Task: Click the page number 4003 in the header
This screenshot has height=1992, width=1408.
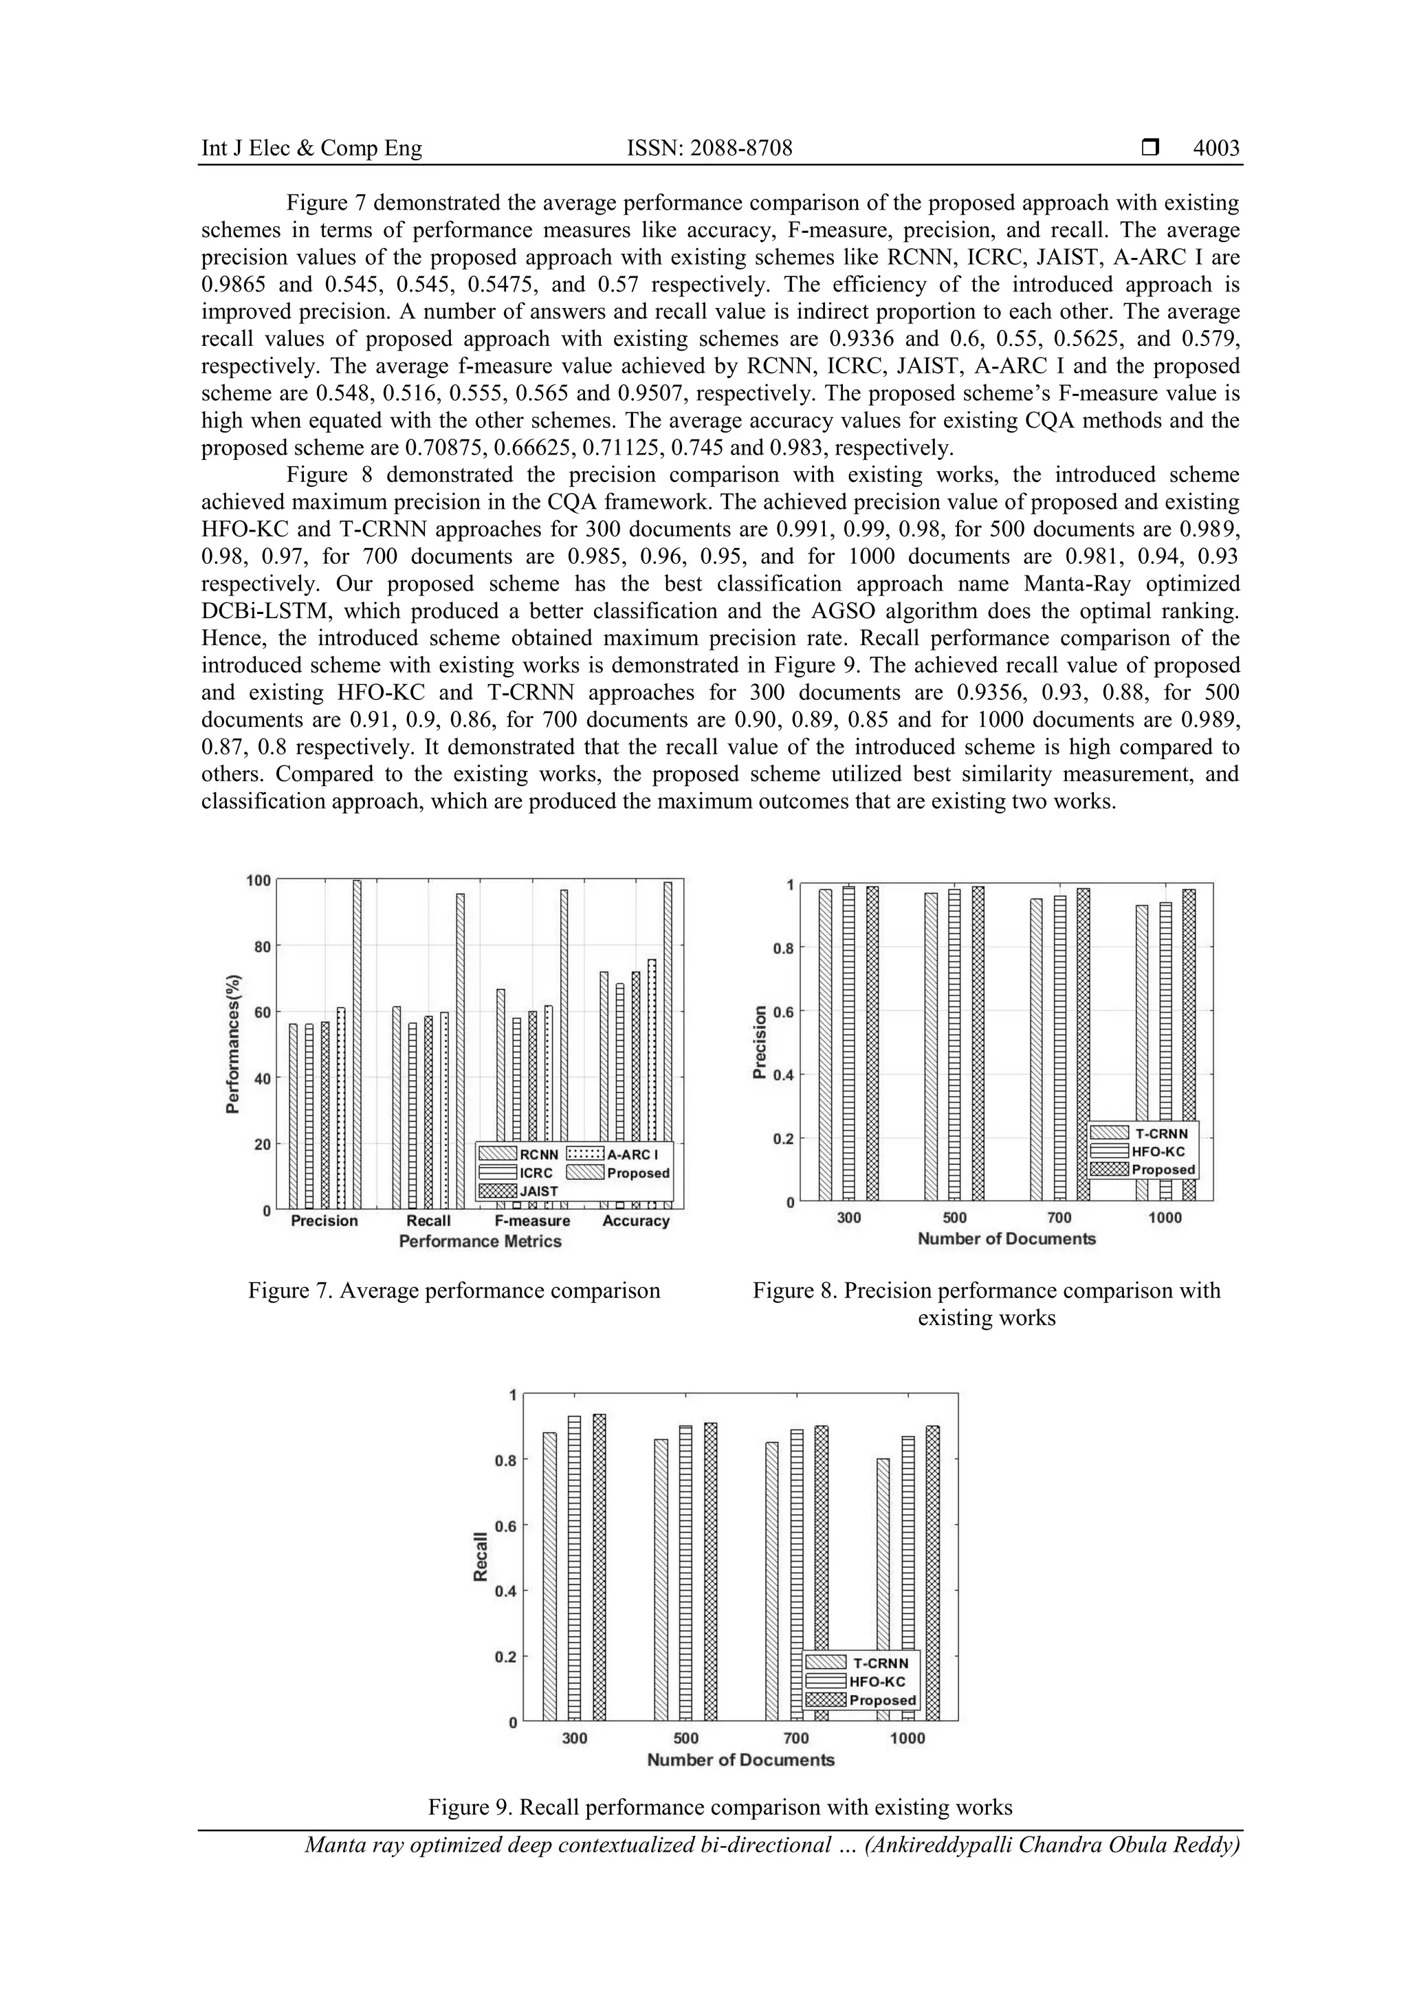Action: tap(1215, 149)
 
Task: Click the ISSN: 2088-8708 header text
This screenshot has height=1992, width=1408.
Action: tap(709, 149)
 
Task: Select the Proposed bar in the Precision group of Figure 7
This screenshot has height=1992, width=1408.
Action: tap(357, 1041)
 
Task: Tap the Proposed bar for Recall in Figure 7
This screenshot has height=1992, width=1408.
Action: tap(460, 1050)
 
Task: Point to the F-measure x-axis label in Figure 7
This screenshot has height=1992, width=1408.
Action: tap(532, 1221)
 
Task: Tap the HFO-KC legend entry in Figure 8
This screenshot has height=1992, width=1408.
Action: tap(1157, 1151)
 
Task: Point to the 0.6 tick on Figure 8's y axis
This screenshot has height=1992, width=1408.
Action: tap(782, 1011)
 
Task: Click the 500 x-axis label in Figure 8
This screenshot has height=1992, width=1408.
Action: tap(954, 1218)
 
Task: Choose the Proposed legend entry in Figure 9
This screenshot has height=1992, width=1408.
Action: tap(881, 1700)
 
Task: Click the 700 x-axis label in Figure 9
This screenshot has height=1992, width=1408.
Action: tap(795, 1739)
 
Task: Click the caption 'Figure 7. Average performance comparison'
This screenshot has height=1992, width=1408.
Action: tap(454, 1290)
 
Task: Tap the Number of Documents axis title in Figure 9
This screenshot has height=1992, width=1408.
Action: tap(740, 1760)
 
